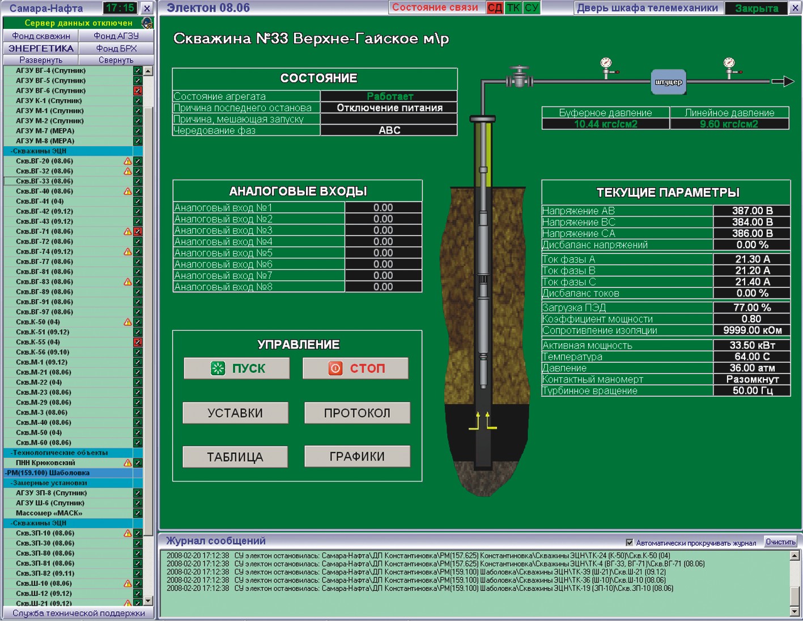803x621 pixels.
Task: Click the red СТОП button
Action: [x=355, y=368]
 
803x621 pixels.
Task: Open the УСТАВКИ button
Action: [x=235, y=412]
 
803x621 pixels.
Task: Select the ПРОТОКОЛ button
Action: [x=358, y=412]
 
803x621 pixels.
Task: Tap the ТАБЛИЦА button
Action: [x=235, y=457]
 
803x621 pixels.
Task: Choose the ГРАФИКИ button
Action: [x=358, y=457]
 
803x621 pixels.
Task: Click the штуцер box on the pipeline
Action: [x=669, y=82]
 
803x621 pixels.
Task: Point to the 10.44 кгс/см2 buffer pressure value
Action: [x=606, y=124]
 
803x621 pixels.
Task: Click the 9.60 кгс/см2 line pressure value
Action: [x=729, y=124]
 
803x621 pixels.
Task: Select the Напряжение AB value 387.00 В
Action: [x=752, y=211]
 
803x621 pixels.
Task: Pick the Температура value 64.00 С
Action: [x=752, y=356]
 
